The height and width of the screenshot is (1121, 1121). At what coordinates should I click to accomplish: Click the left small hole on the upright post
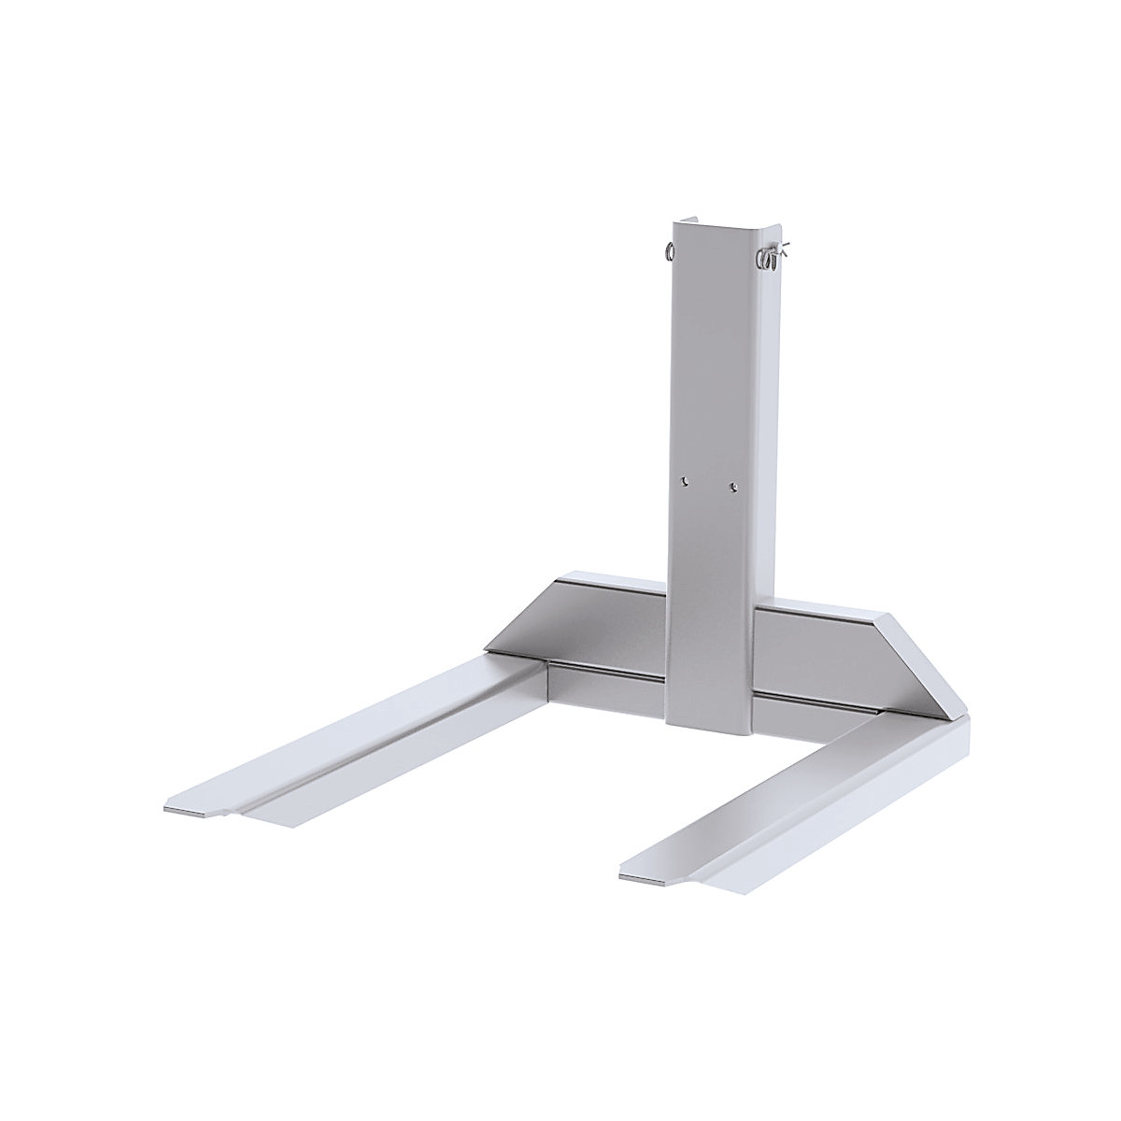tap(685, 482)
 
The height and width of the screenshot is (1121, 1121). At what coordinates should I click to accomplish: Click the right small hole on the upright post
tap(732, 485)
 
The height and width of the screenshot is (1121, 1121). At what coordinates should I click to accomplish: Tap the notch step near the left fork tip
tap(229, 815)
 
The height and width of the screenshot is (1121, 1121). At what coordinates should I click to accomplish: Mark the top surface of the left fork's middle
tap(374, 729)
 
